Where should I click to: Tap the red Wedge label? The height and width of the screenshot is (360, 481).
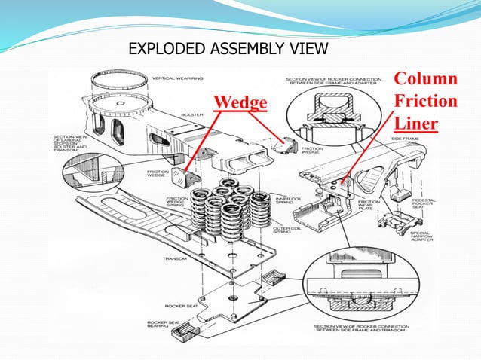240,101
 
